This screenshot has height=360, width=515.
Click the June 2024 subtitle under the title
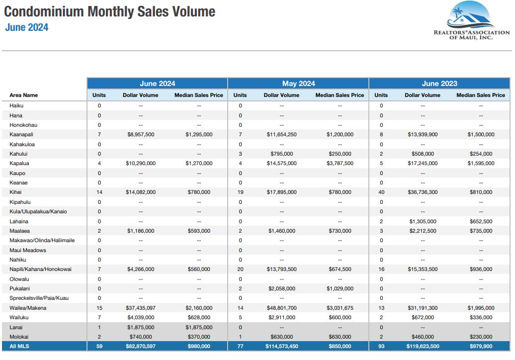(27, 28)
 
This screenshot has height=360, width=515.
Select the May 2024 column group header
(298, 84)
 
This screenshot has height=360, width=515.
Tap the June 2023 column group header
(439, 84)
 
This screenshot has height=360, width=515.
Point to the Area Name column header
(23, 95)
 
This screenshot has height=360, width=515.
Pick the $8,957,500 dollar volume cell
(141, 134)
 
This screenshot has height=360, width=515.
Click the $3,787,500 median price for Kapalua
(340, 163)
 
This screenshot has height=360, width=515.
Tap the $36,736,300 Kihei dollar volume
(423, 192)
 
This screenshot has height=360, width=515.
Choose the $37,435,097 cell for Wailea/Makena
(141, 308)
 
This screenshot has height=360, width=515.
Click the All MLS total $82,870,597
(141, 346)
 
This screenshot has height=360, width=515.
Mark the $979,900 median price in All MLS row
(481, 346)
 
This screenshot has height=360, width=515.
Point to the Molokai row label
(19, 337)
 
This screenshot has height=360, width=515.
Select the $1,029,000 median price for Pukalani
(340, 288)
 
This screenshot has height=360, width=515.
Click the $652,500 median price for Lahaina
(481, 221)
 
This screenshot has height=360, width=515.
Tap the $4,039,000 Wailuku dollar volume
(141, 317)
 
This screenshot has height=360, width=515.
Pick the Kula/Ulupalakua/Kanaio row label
(38, 211)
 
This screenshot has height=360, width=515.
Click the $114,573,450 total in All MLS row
(281, 346)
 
